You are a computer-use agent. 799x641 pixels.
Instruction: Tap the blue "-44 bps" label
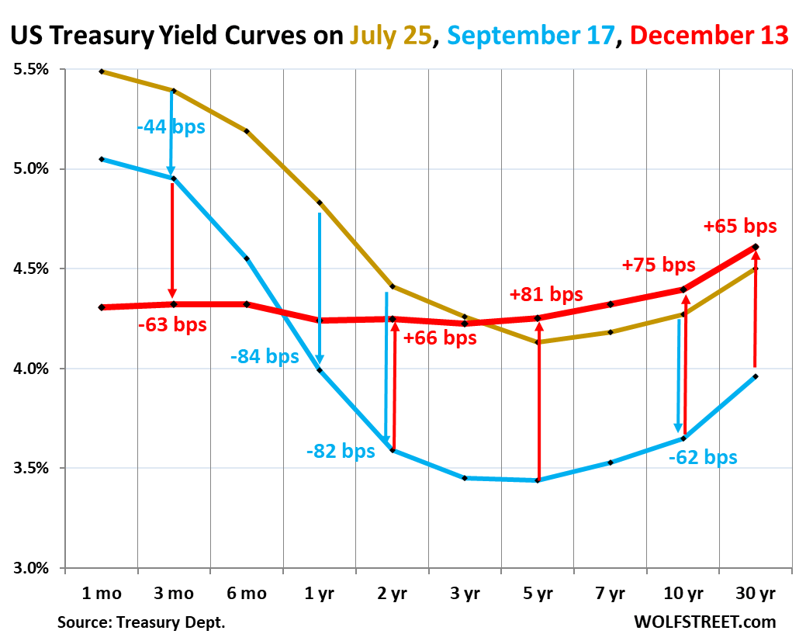coord(171,126)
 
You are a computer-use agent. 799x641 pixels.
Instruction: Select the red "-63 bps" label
coord(173,324)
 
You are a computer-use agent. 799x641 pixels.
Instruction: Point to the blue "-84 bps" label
coord(265,356)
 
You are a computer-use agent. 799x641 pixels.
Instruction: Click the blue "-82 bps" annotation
coord(341,451)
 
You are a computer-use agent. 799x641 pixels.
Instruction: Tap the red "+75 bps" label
coord(659,265)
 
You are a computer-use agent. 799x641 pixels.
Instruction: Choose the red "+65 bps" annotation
coord(739,227)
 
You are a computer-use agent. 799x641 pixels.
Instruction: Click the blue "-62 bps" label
coord(703,457)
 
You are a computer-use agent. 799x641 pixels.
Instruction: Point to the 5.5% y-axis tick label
coord(31,69)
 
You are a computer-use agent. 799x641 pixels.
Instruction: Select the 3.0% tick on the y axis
coord(31,568)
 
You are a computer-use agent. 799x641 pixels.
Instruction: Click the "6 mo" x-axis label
coord(246,594)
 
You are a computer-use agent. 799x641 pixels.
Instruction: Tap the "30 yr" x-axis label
coord(755,594)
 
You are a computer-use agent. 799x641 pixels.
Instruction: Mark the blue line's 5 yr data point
coord(537,480)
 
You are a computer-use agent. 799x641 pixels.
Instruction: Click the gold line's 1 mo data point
coord(102,71)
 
